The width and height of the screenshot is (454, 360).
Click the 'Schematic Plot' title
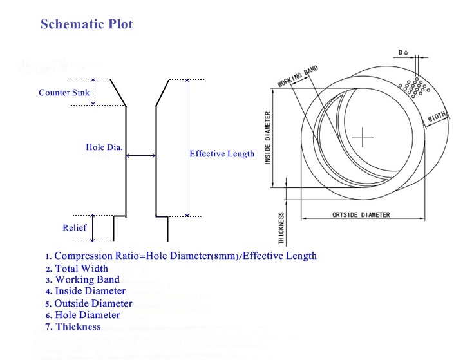pyautogui.click(x=87, y=24)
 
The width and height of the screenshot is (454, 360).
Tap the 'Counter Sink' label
pyautogui.click(x=64, y=93)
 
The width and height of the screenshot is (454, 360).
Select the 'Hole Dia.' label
pyautogui.click(x=104, y=148)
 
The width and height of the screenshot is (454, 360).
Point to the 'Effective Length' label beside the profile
pyautogui.click(x=222, y=154)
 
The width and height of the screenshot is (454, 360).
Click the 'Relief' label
pyautogui.click(x=74, y=228)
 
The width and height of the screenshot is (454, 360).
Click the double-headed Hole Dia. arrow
pyautogui.click(x=141, y=155)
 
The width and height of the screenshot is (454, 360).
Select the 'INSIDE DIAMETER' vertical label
pyautogui.click(x=268, y=137)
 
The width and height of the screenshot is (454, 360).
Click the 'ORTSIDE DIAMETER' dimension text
pyautogui.click(x=361, y=214)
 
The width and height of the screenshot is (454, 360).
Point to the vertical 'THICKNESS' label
pyautogui.click(x=281, y=228)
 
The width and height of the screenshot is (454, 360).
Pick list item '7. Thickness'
pyautogui.click(x=73, y=327)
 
